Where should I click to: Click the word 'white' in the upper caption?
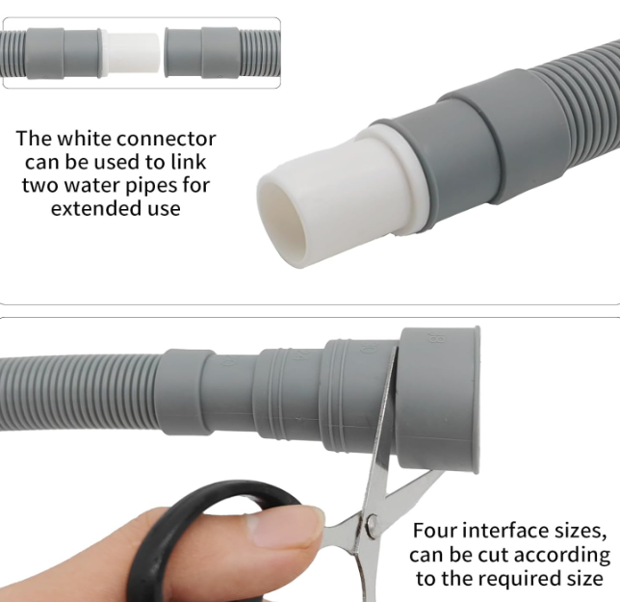[84, 139]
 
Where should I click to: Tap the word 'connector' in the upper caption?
[167, 139]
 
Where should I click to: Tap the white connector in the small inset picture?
[133, 53]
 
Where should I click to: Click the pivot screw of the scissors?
[372, 524]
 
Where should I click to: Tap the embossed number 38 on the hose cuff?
[430, 337]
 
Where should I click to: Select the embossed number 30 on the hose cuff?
[366, 348]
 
